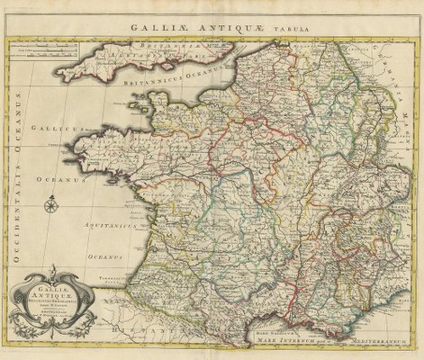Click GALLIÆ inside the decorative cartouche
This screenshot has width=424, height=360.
tap(56, 281)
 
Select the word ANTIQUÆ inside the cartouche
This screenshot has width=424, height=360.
tap(55, 290)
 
